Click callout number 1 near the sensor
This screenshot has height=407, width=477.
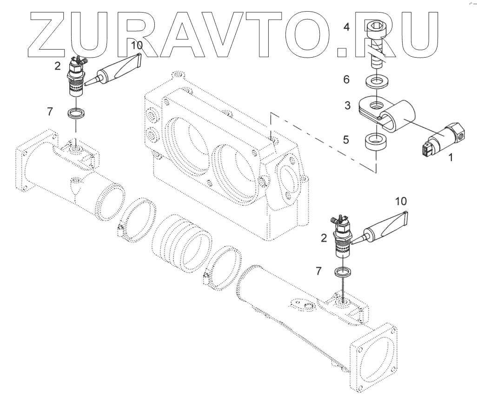[x=450, y=158]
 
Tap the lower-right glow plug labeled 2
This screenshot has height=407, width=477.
[x=343, y=237]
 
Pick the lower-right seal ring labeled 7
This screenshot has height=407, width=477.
[x=343, y=272]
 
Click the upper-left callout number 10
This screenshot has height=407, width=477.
[x=136, y=45]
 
